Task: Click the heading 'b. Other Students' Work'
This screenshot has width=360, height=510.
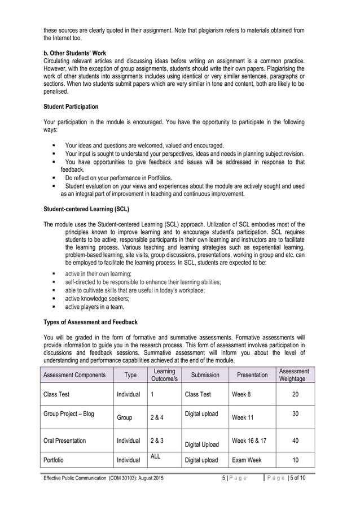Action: click(x=75, y=53)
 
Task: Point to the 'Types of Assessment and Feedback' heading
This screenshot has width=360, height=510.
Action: click(x=90, y=322)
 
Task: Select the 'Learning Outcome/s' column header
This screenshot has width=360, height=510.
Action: click(x=164, y=374)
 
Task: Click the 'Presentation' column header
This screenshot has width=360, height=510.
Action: click(x=252, y=374)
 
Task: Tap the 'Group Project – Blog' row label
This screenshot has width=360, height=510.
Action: click(x=69, y=414)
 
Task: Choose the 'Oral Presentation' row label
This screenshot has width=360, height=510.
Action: click(x=65, y=441)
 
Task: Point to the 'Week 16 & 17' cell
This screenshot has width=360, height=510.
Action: click(x=249, y=440)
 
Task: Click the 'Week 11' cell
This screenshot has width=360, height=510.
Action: click(x=243, y=418)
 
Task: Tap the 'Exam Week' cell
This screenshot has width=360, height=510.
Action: click(x=247, y=460)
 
